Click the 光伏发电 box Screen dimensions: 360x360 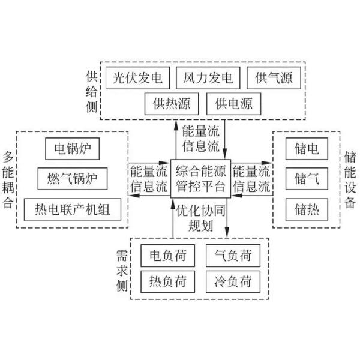[137, 78]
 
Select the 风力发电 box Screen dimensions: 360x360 [208, 78]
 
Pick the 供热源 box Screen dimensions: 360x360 [172, 104]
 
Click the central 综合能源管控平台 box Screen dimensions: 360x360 [200, 178]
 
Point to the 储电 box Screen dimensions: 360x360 [306, 148]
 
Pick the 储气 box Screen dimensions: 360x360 [306, 178]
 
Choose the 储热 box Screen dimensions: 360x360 [306, 209]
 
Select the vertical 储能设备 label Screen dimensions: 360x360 [350, 178]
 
